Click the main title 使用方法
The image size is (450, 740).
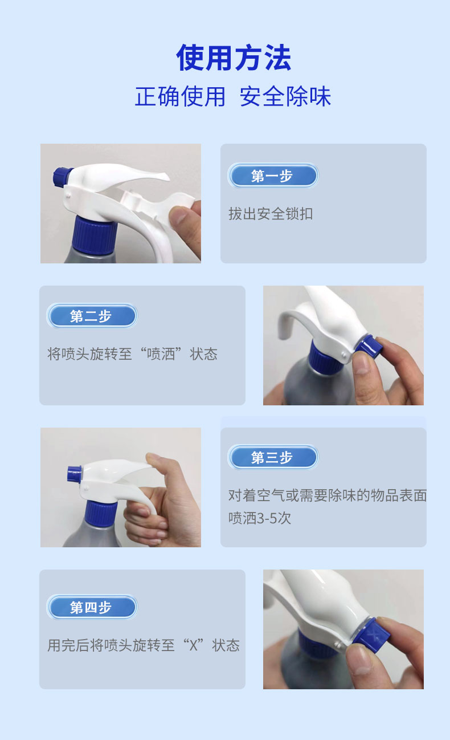click(x=234, y=58)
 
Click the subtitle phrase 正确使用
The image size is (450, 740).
click(x=180, y=96)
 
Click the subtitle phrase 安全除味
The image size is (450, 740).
click(x=285, y=96)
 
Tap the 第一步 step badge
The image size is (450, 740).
click(x=273, y=176)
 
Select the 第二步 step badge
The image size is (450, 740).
click(x=92, y=316)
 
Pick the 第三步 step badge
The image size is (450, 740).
click(x=273, y=457)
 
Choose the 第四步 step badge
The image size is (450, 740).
click(x=92, y=607)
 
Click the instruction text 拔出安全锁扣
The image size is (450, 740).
click(x=271, y=213)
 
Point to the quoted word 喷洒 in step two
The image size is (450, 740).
click(x=161, y=354)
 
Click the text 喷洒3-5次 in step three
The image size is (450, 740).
click(x=260, y=518)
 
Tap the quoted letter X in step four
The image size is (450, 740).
click(x=194, y=645)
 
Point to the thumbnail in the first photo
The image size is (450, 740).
click(x=179, y=215)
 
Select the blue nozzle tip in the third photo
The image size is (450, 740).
click(x=74, y=474)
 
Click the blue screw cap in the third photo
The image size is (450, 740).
click(x=101, y=513)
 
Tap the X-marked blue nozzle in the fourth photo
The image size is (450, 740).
click(x=371, y=635)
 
